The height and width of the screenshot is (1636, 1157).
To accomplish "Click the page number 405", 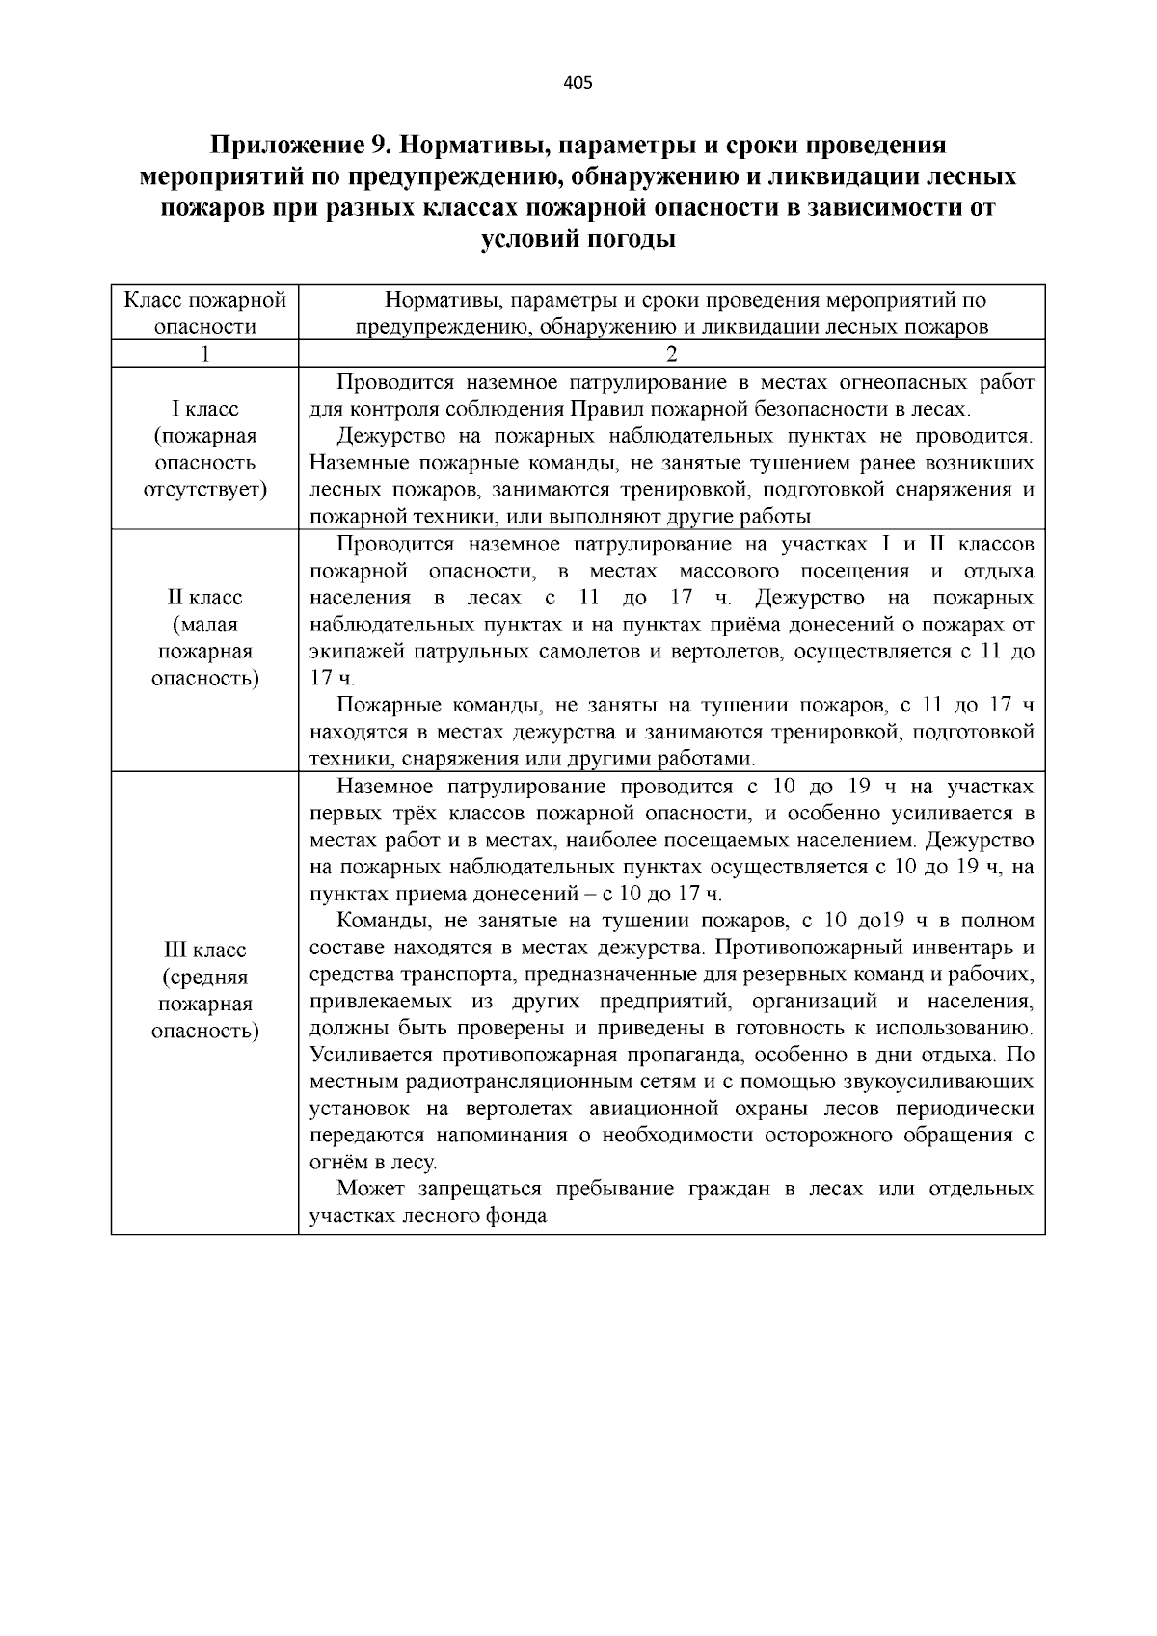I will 578,82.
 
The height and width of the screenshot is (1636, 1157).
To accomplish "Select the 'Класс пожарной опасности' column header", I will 204,312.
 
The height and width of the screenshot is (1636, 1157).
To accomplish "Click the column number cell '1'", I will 204,354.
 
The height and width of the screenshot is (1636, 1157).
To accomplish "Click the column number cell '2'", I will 671,354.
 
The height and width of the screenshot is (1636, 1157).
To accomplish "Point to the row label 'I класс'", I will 204,409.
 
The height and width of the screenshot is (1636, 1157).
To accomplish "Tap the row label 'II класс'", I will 204,598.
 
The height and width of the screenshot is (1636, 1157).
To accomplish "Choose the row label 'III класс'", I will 204,951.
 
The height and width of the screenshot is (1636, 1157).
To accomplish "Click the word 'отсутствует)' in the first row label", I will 204,490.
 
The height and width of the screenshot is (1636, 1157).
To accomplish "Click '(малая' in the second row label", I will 204,625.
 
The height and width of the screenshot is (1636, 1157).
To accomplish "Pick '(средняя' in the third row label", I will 204,978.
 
